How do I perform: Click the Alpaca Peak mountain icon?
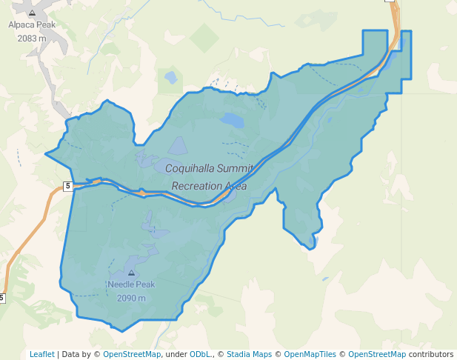coord(32,13)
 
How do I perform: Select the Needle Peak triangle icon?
coord(131,273)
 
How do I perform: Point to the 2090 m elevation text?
coord(131,298)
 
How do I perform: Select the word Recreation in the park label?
coord(199,186)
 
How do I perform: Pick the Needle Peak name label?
coord(131,284)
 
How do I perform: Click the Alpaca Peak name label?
coord(32,24)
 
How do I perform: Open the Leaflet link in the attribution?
coord(42,354)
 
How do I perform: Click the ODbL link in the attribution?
coord(199,354)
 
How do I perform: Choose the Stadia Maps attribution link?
coord(249,354)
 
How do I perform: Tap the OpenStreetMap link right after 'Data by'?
coord(132,354)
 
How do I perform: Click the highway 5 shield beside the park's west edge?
coord(67,186)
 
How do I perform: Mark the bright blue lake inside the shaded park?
coord(232,119)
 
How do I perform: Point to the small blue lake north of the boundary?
coord(171,76)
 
